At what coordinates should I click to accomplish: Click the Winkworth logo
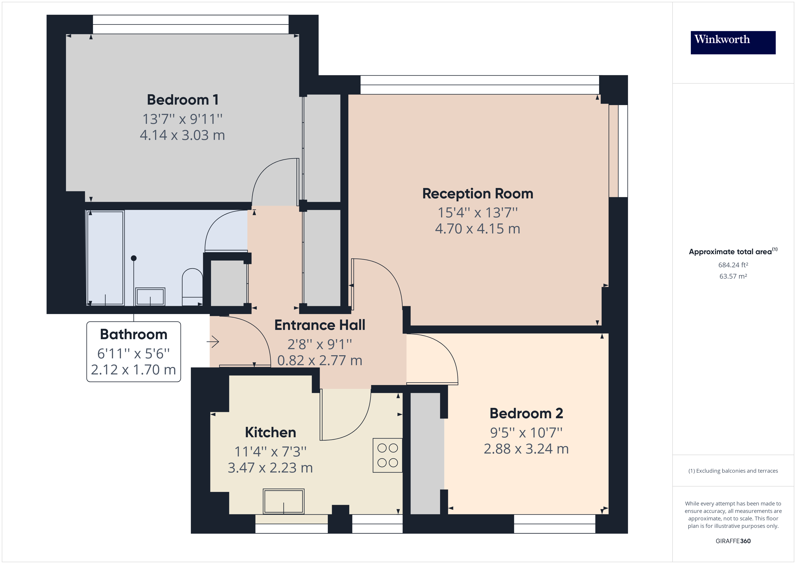pos(733,42)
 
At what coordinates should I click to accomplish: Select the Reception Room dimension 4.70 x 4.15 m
pos(477,228)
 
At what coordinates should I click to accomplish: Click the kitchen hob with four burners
pos(387,455)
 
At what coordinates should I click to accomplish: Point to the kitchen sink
pos(283,501)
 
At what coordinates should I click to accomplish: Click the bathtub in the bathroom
pos(105,258)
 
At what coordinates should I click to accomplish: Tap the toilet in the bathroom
pos(192,287)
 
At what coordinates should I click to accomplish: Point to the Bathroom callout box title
pos(134,334)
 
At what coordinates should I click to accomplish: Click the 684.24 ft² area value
pos(733,265)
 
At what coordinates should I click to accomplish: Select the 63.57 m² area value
pos(733,276)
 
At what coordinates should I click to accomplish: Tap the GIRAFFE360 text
pos(733,541)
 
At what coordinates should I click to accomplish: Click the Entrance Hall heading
pos(320,325)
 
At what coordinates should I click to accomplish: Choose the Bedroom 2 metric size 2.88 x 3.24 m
pos(526,449)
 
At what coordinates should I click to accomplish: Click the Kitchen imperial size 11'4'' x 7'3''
pos(270,451)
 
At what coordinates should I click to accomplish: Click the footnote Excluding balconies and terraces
pos(733,471)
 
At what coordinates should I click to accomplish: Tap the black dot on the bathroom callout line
pos(134,258)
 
